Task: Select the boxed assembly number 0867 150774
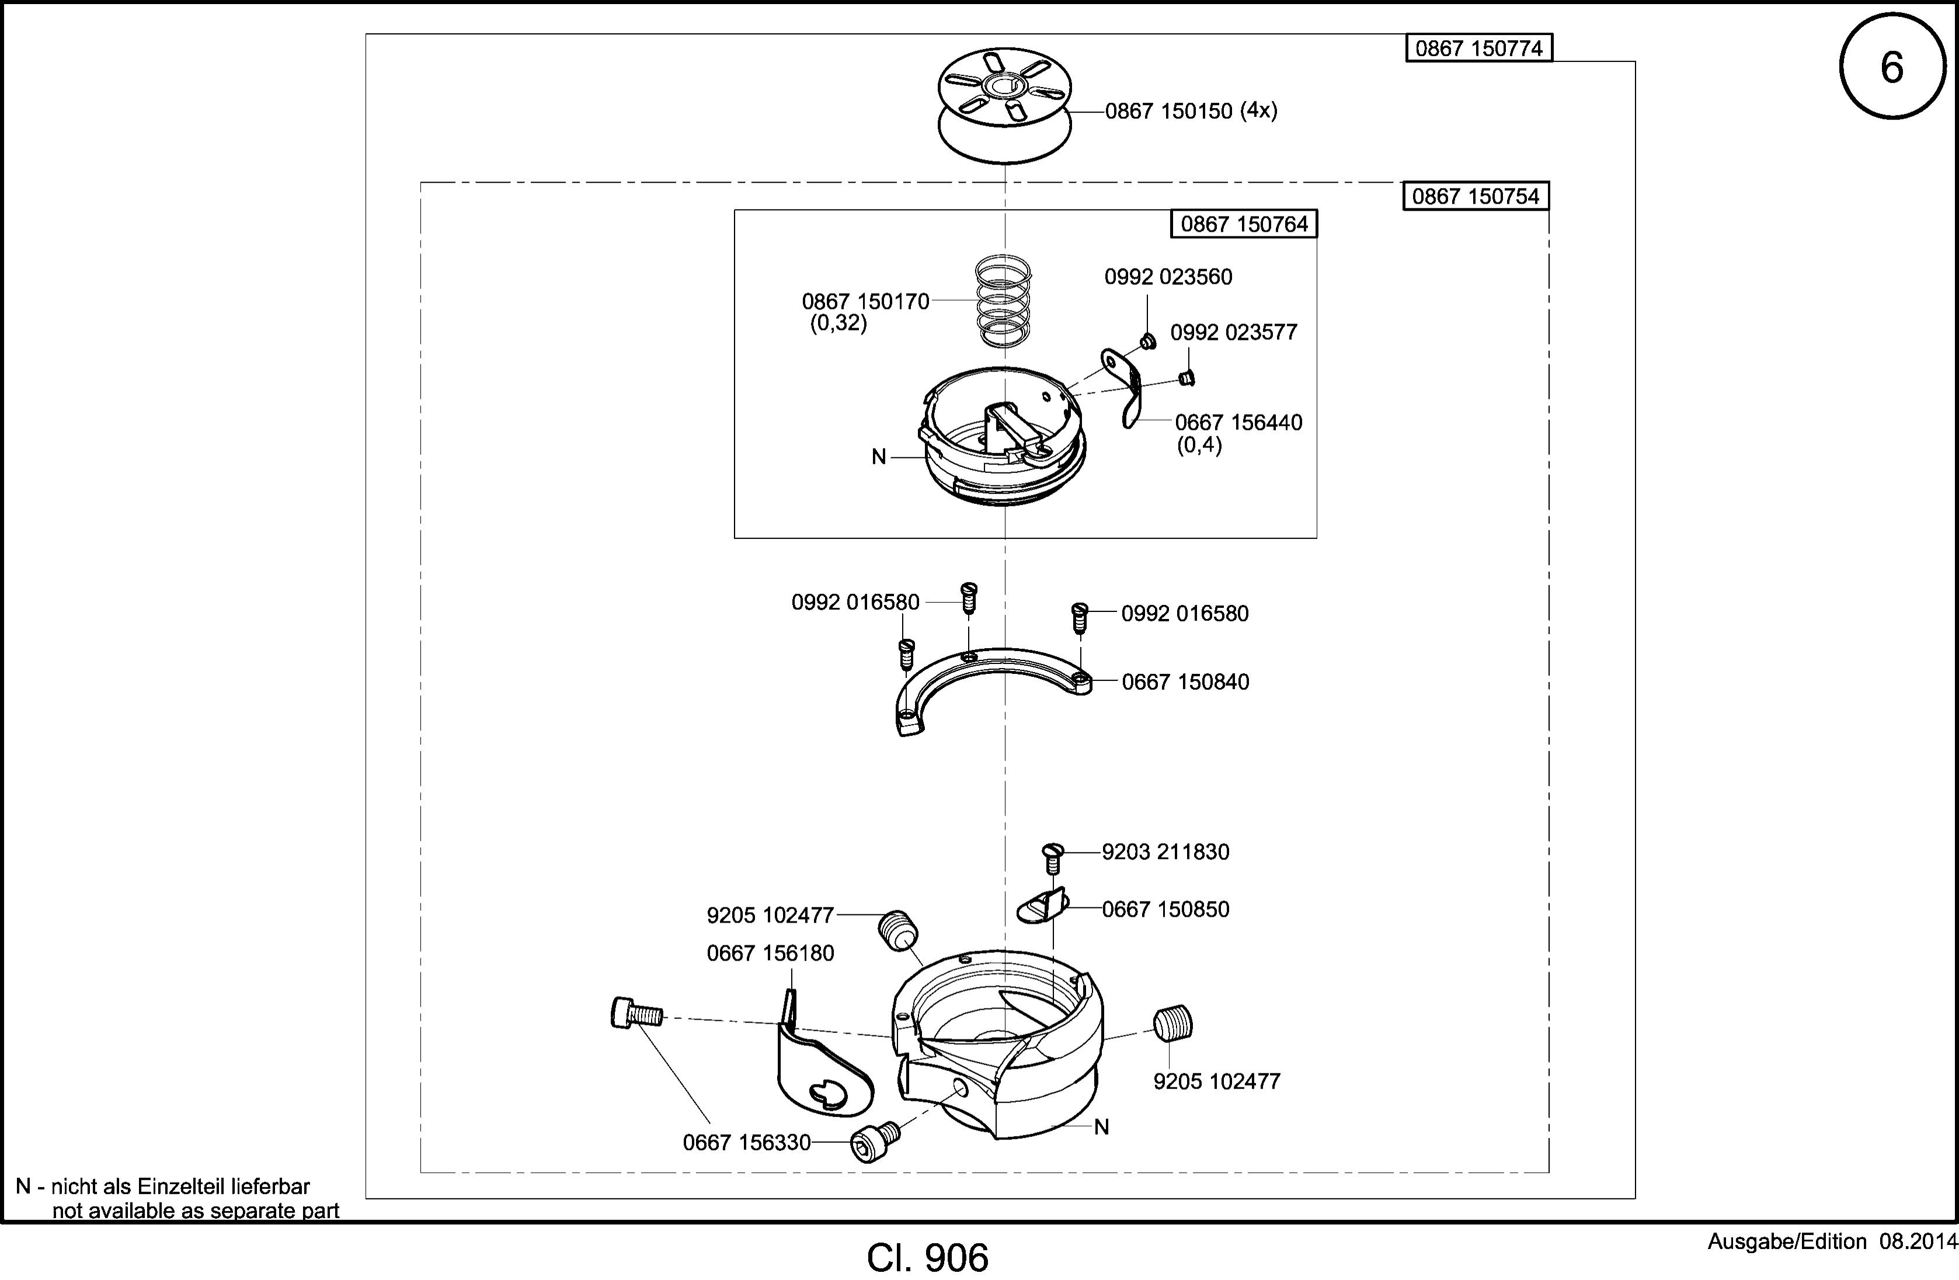[1478, 48]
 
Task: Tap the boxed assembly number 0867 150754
[1476, 196]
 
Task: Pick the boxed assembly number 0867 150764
[1244, 224]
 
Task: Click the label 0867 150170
[865, 302]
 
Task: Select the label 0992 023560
[1168, 277]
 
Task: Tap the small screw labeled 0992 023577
[1186, 378]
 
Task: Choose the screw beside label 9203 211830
[1053, 858]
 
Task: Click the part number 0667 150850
[1165, 910]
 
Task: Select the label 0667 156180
[770, 953]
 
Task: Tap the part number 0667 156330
[747, 1143]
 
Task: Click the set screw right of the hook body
[1173, 1025]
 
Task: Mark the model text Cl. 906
[928, 1258]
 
